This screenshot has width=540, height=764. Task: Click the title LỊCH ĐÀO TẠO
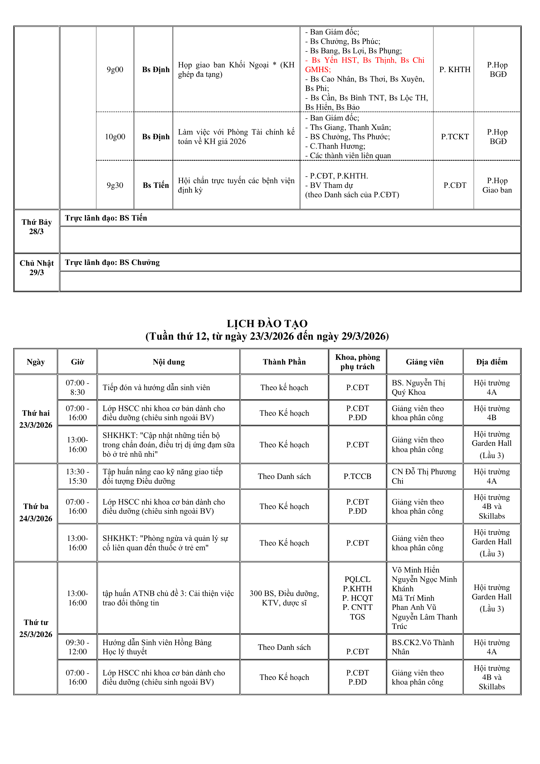[x=267, y=323]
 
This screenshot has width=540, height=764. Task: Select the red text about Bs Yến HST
[x=365, y=65]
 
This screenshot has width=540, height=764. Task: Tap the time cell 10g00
[x=115, y=137]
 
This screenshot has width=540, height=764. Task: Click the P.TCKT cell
[x=455, y=137]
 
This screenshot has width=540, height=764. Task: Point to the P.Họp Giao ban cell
[x=497, y=185]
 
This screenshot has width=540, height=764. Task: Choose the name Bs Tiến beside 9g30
[x=156, y=185]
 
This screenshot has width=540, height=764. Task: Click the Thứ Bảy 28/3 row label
[x=37, y=227]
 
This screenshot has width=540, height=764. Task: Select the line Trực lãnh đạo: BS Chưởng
[x=112, y=263]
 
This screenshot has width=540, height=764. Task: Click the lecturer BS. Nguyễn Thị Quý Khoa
[x=418, y=388]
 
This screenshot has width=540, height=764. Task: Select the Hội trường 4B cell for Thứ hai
[x=491, y=413]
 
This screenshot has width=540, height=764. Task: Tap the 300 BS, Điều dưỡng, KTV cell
[x=284, y=598]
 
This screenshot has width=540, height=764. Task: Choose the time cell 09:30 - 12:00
[x=78, y=647]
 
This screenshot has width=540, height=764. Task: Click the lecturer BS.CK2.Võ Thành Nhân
[x=422, y=647]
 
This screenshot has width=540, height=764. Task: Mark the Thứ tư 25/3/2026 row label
[x=36, y=628]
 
